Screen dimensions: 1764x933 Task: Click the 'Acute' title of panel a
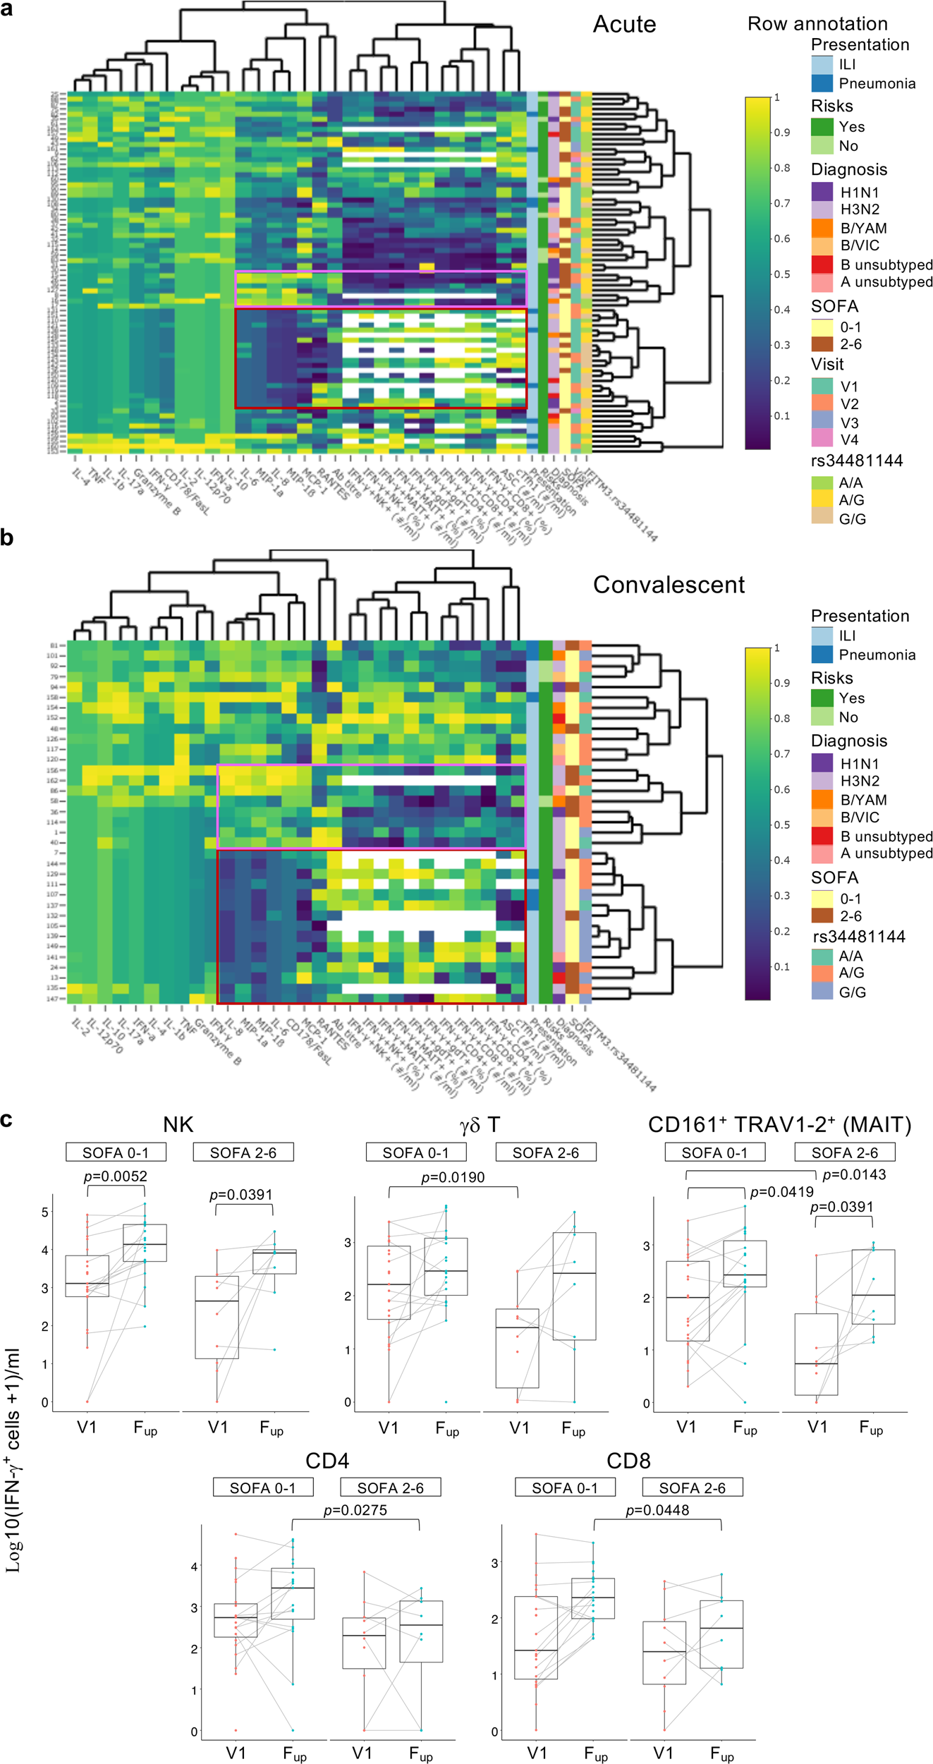coord(624,25)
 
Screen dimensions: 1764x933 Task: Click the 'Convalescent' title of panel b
coord(669,585)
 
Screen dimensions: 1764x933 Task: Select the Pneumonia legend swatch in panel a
coord(822,84)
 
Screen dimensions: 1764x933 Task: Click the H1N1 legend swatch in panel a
coord(822,192)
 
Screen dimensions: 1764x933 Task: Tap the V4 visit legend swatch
coord(822,439)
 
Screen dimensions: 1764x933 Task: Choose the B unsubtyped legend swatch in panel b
coord(822,837)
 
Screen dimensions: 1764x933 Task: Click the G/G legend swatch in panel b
coord(822,992)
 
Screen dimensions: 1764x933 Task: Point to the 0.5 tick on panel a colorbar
coord(780,274)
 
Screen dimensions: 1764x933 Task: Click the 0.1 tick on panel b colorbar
coord(780,966)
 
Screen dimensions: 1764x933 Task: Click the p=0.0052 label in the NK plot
coord(116,1176)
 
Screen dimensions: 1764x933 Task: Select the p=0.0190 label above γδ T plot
coord(453,1177)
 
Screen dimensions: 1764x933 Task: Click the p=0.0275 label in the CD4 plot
coord(355,1510)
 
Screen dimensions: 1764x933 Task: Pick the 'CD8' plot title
coord(628,1460)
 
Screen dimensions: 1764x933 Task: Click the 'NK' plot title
coord(178,1124)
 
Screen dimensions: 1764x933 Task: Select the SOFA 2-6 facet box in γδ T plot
coord(546,1152)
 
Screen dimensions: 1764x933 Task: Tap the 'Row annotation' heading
coord(817,24)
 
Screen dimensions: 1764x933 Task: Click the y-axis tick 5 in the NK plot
coord(44,1212)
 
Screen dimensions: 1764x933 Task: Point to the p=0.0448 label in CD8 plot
coord(657,1510)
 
